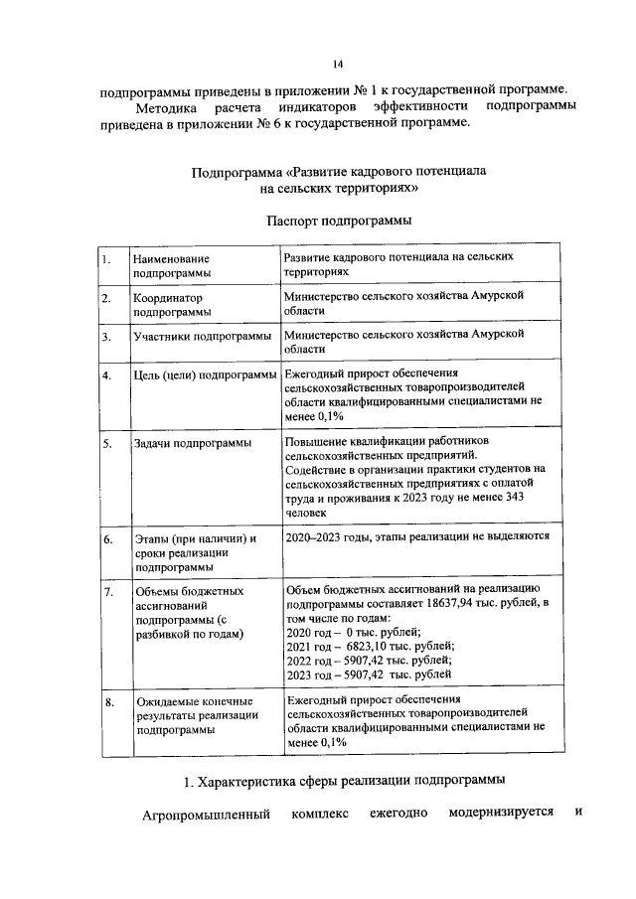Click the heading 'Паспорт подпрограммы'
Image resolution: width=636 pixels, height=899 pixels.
tap(339, 220)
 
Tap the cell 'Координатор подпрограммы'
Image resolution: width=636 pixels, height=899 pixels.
tap(172, 304)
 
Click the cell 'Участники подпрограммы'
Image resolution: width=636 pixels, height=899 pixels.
tap(203, 336)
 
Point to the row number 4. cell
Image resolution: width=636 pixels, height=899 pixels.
tap(104, 375)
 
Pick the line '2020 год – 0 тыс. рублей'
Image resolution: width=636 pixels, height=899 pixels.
tap(353, 632)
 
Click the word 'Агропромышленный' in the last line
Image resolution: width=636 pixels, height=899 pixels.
tap(203, 816)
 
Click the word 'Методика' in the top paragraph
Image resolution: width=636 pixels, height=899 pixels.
tap(162, 106)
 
